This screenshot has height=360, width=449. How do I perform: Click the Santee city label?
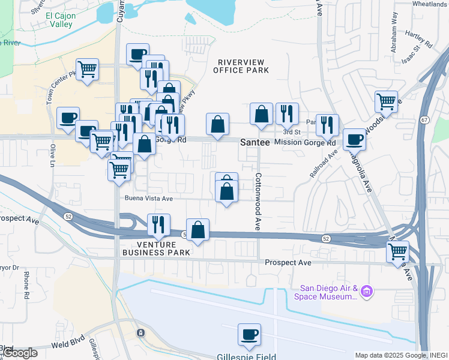[x=255, y=143]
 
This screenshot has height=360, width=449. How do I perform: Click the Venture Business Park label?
[x=156, y=248]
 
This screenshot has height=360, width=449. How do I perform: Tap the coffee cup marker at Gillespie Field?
[x=249, y=335]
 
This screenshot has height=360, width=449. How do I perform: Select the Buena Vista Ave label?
[x=149, y=199]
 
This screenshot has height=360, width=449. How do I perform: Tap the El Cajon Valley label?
[x=55, y=20]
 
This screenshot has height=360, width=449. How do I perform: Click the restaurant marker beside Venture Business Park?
[x=158, y=224]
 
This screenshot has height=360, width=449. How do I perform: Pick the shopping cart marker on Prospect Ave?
[x=397, y=251]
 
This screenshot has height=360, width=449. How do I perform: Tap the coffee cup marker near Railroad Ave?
[x=354, y=139]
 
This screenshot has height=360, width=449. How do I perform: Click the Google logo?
[x=19, y=352]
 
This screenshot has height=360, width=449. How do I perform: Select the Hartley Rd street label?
[x=419, y=40]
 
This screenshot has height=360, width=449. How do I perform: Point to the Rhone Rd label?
[x=26, y=284]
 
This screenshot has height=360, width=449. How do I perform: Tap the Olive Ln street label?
[x=53, y=154]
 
